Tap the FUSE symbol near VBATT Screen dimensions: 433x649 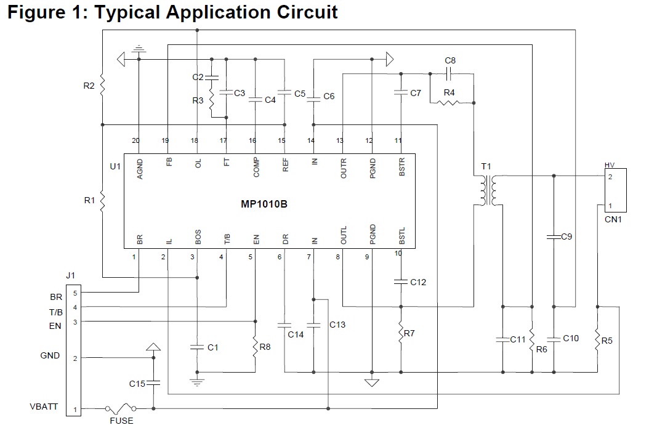pos(121,408)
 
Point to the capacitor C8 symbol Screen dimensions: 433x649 pos(450,73)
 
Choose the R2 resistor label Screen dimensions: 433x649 pos(89,86)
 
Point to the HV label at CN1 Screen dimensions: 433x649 pos(610,165)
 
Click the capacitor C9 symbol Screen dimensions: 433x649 pos(553,236)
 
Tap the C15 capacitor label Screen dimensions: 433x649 pos(137,384)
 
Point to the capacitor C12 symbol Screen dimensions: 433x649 pos(401,282)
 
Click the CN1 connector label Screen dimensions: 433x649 pos(612,219)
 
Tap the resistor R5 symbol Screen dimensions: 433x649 pos(597,340)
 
